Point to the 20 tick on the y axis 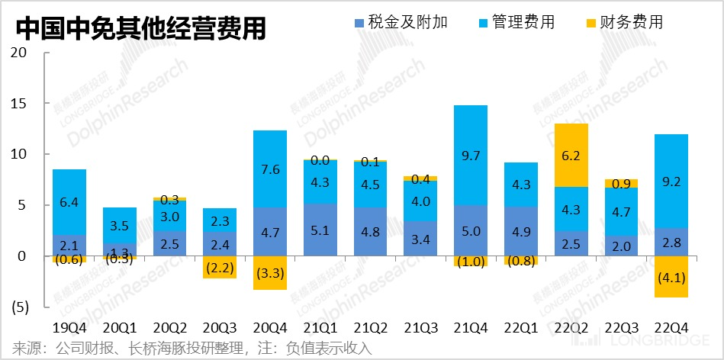(x=20, y=53)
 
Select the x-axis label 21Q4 (x=471, y=327)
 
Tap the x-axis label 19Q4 (x=69, y=327)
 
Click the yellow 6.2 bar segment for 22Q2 (x=571, y=155)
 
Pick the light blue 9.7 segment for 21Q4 (x=471, y=155)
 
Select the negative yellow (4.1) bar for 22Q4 (x=671, y=277)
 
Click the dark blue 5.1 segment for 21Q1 (x=320, y=230)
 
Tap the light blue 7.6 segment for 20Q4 (x=270, y=169)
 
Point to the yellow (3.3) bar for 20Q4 (x=270, y=273)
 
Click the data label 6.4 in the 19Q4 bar (x=69, y=203)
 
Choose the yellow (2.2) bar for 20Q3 (x=220, y=268)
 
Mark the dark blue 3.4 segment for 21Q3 (x=420, y=239)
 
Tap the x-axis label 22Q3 (x=621, y=327)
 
